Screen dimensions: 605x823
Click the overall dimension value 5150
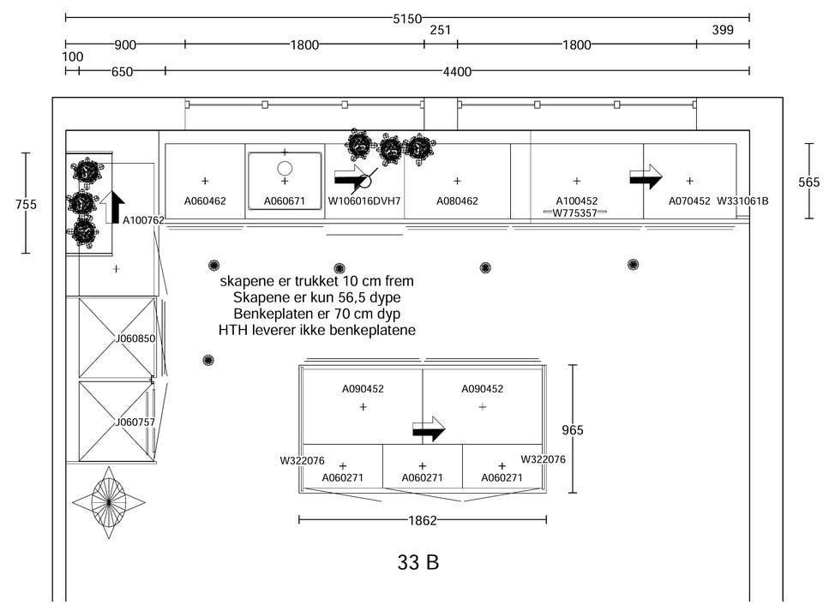[407, 18]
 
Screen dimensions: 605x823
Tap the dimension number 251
[441, 31]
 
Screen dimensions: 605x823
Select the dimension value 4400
[457, 72]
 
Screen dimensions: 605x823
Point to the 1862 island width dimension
[423, 520]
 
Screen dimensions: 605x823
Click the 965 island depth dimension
[572, 430]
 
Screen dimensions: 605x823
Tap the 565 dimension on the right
[808, 183]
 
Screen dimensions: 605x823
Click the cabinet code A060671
[285, 201]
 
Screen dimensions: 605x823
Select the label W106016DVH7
[364, 201]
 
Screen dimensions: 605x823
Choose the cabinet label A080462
[457, 201]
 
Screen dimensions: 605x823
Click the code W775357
[574, 213]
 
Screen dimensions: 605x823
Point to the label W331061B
[742, 201]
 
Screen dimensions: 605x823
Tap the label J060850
[135, 338]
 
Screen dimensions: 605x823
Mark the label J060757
[135, 422]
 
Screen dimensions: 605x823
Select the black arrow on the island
[429, 429]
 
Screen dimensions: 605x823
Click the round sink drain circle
[285, 169]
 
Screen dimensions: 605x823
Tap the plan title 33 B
[418, 563]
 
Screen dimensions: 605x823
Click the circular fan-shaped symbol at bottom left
[109, 502]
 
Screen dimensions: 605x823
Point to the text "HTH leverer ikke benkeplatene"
[316, 330]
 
